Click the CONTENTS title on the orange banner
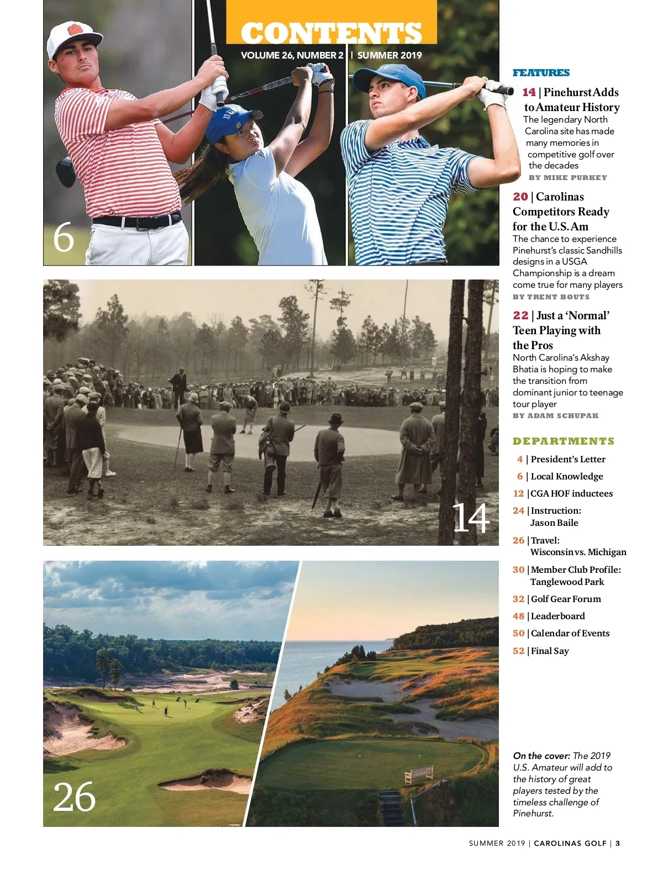331,33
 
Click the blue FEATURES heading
541,73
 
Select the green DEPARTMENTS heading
564,441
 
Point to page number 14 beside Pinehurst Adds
529,92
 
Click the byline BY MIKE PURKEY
567,178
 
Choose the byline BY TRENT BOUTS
551,297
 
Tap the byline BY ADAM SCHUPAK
555,416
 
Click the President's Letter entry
568,459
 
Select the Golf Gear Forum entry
566,599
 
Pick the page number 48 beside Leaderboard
518,616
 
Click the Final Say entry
550,651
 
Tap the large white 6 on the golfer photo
64,238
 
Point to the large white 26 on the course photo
74,797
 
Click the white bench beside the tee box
419,773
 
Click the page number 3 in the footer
618,843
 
